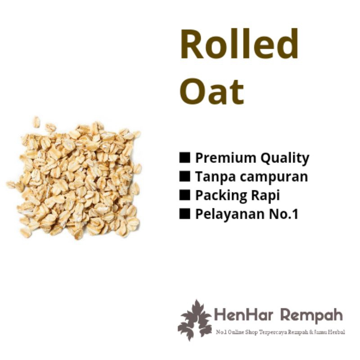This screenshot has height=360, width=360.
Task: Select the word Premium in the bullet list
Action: point(220,158)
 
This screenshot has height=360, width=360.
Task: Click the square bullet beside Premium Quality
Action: point(184,158)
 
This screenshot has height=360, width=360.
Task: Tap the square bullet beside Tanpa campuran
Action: point(184,176)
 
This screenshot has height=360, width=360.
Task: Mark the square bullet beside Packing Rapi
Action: point(184,195)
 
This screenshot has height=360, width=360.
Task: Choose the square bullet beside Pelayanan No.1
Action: point(184,214)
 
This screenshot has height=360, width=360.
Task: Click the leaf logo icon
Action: point(194,320)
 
